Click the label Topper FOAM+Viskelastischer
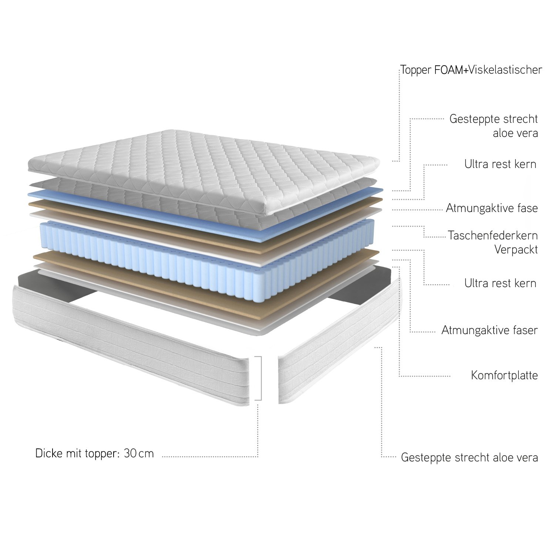tap(471, 70)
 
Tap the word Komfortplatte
tap(504, 376)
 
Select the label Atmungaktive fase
tap(492, 208)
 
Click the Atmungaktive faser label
tap(490, 330)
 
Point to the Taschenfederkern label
tap(493, 235)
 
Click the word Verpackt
tap(516, 250)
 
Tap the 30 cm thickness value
tap(139, 453)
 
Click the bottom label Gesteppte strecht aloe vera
tap(469, 458)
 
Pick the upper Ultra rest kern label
tap(500, 164)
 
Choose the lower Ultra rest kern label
tap(500, 283)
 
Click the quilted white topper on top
tap(203, 168)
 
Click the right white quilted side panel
tap(339, 340)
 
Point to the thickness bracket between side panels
tap(261, 378)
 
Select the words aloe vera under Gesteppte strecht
tap(515, 133)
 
